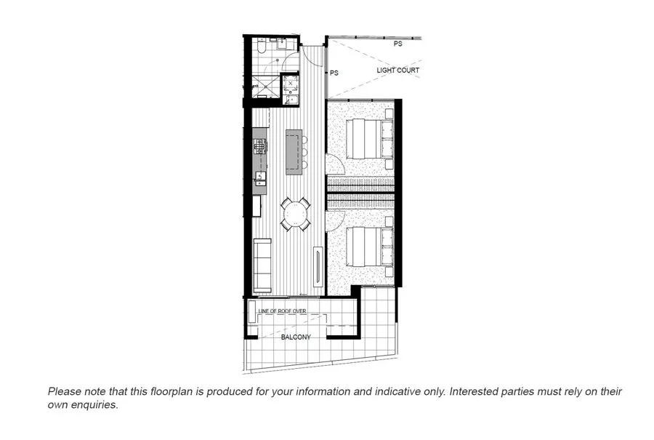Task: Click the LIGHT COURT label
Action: pyautogui.click(x=397, y=71)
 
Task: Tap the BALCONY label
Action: pyautogui.click(x=296, y=337)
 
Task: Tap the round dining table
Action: pyautogui.click(x=296, y=215)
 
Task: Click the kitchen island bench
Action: pyautogui.click(x=294, y=151)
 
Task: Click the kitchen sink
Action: pyautogui.click(x=259, y=178)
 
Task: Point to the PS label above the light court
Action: pyautogui.click(x=398, y=44)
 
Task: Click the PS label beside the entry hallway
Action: pyautogui.click(x=334, y=73)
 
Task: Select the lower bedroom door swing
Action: pyautogui.click(x=335, y=220)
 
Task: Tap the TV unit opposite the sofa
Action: pyautogui.click(x=318, y=268)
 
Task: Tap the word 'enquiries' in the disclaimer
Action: pyautogui.click(x=95, y=405)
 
